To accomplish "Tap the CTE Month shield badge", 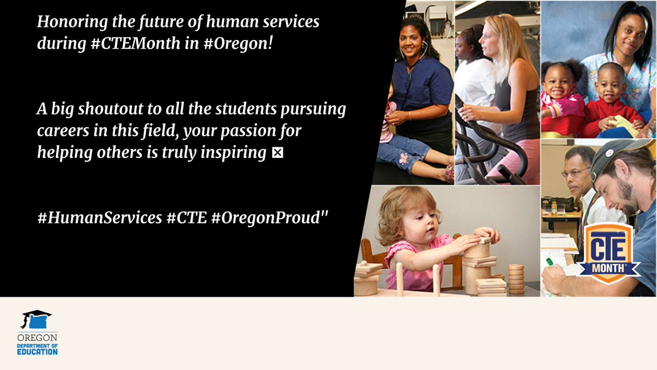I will coord(612,254).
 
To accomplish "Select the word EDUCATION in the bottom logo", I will coord(37,351).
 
